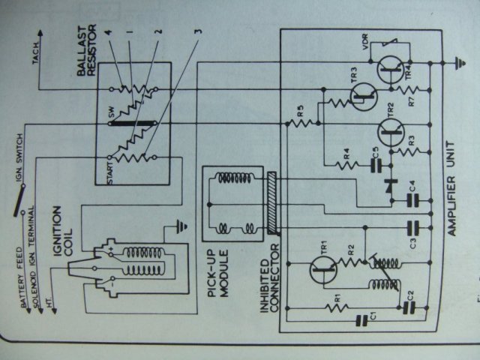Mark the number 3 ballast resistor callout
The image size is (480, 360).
(x=198, y=32)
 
